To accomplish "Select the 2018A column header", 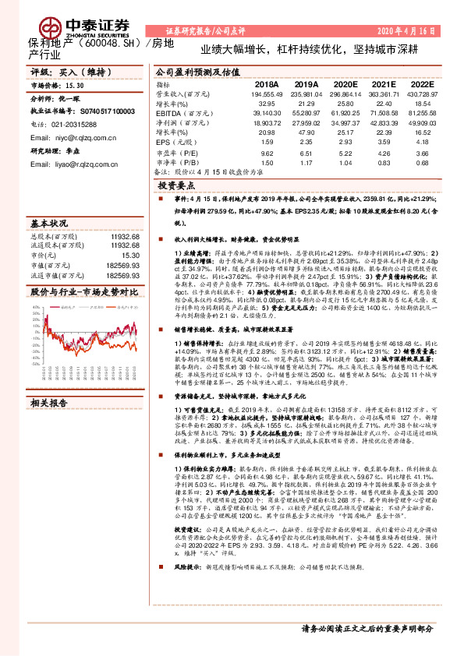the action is pos(267,83).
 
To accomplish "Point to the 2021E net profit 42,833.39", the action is pos(383,122).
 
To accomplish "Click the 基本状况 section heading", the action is pos(52,223).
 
